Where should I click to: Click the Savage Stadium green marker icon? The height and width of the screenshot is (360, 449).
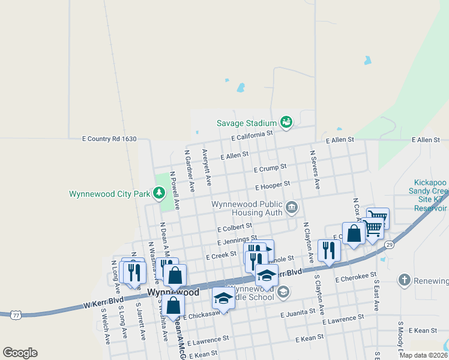click(286, 122)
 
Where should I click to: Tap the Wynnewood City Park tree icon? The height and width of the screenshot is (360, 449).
click(158, 193)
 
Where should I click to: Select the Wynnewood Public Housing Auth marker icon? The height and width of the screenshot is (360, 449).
click(292, 208)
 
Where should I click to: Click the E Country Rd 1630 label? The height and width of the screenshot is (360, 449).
click(109, 139)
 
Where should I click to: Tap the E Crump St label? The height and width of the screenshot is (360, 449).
click(270, 168)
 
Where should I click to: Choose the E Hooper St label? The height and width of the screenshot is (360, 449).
click(273, 185)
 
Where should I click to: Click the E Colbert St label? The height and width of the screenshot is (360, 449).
click(235, 229)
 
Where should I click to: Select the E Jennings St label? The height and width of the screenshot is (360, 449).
click(237, 241)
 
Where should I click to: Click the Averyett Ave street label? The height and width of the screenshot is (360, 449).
click(207, 167)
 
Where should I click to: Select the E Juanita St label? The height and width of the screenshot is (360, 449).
click(298, 313)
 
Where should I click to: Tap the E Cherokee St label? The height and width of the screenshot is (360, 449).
click(355, 279)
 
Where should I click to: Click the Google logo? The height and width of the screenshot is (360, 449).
click(20, 353)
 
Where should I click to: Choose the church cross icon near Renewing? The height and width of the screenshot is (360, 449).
click(405, 280)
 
